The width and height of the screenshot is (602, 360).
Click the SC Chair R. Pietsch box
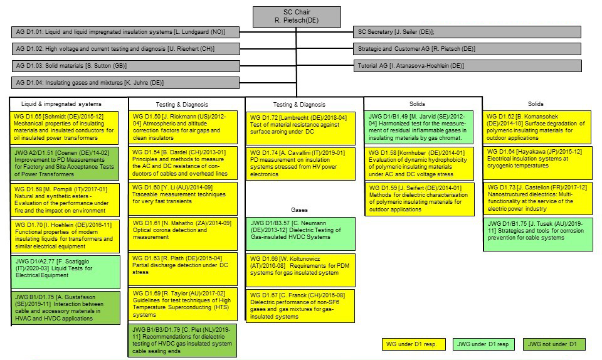click(x=297, y=17)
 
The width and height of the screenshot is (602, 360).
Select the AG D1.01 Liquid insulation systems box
click(x=125, y=32)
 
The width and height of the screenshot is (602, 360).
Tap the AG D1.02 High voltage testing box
click(x=125, y=49)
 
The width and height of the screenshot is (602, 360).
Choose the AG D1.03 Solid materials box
click(x=125, y=66)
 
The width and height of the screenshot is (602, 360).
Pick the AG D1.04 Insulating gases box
click(x=125, y=83)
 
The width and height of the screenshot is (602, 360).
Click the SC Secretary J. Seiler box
click(x=467, y=32)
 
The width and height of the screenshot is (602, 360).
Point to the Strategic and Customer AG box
click(x=467, y=49)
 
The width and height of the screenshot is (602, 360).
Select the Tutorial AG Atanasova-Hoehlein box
click(x=467, y=66)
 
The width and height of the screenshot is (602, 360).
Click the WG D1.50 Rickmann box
click(x=183, y=127)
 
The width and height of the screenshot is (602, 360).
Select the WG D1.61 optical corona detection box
click(x=183, y=233)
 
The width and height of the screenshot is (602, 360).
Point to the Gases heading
click(x=299, y=210)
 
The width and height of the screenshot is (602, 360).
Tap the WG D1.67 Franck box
click(x=300, y=305)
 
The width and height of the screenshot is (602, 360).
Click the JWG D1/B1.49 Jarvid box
click(x=416, y=127)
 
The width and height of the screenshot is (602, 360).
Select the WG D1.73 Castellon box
click(x=537, y=199)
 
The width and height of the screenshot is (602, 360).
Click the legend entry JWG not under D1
click(x=556, y=344)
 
